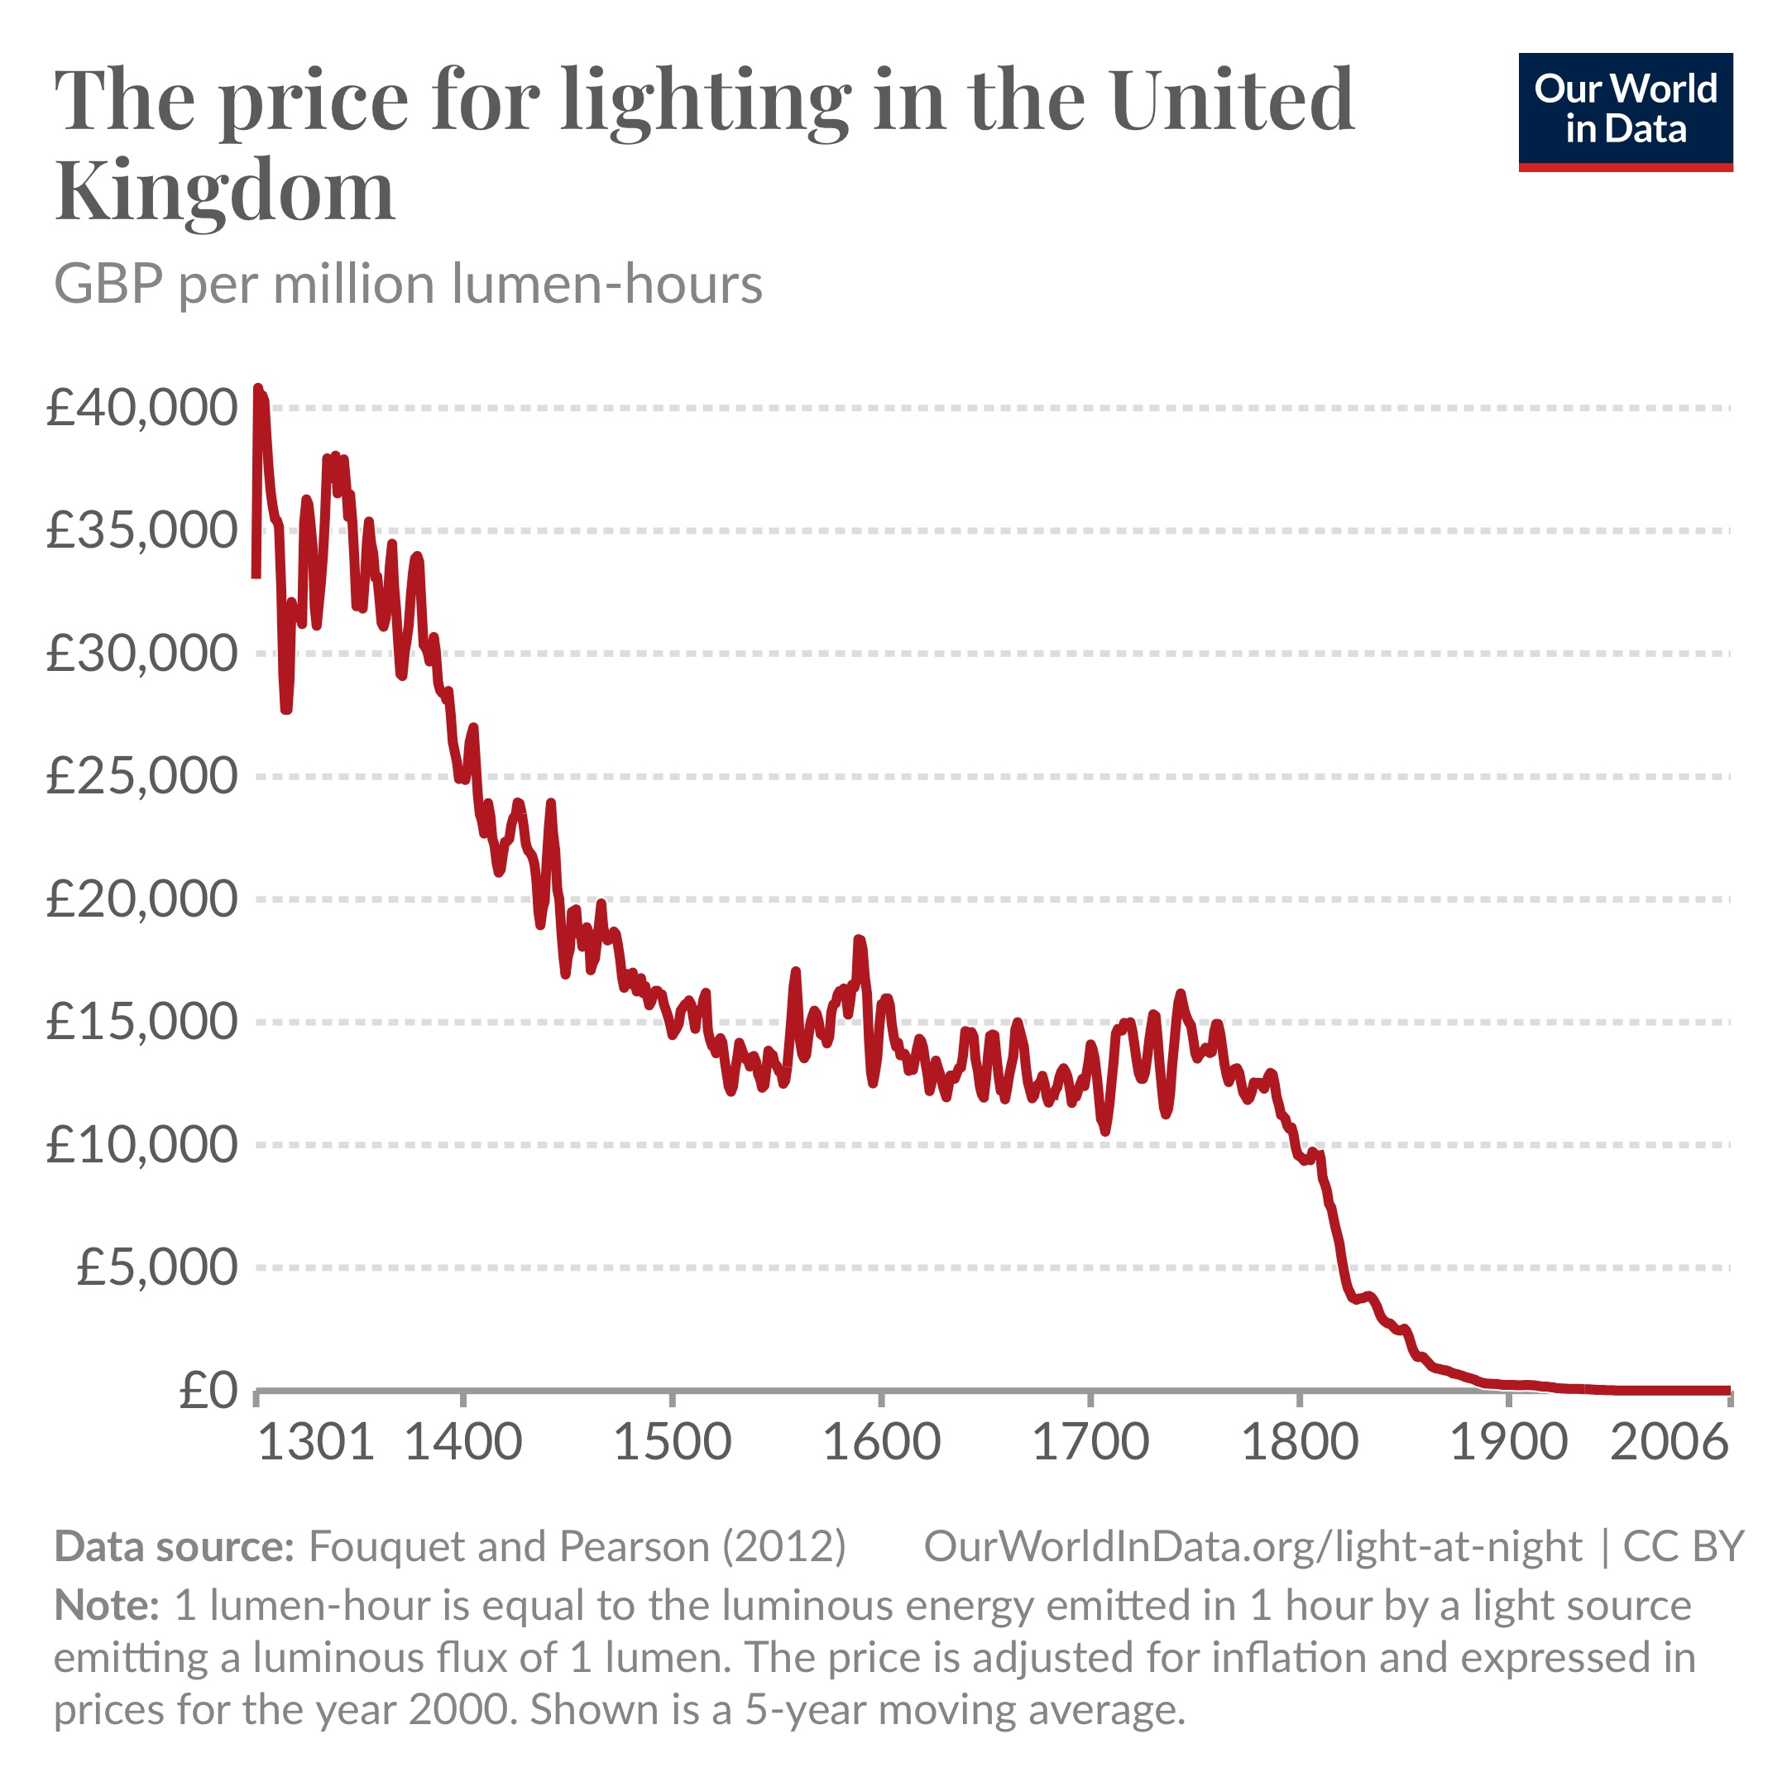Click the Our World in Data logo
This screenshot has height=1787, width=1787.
pyautogui.click(x=1625, y=112)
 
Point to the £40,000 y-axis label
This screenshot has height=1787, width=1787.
pyautogui.click(x=141, y=408)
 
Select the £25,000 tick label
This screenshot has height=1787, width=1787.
pyautogui.click(x=141, y=776)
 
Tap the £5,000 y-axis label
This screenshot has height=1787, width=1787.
pyautogui.click(x=156, y=1267)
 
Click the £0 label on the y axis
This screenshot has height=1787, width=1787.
pyautogui.click(x=208, y=1390)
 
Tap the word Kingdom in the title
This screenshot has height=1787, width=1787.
pyautogui.click(x=225, y=190)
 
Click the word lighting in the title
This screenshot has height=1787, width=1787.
pyautogui.click(x=706, y=102)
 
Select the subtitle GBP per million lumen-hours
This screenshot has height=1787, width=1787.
pyautogui.click(x=408, y=284)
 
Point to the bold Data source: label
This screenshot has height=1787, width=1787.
pyautogui.click(x=174, y=1546)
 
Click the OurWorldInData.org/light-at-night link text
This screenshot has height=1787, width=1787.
pyautogui.click(x=1253, y=1546)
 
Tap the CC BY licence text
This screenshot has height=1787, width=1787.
pyautogui.click(x=1683, y=1546)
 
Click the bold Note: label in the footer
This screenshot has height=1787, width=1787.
pyautogui.click(x=108, y=1606)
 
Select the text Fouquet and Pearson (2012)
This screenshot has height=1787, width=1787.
pyautogui.click(x=577, y=1546)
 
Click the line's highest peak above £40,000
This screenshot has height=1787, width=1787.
pyautogui.click(x=258, y=389)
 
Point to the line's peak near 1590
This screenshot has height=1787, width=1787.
pyautogui.click(x=860, y=940)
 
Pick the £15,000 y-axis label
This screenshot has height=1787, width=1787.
pyautogui.click(x=141, y=1022)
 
